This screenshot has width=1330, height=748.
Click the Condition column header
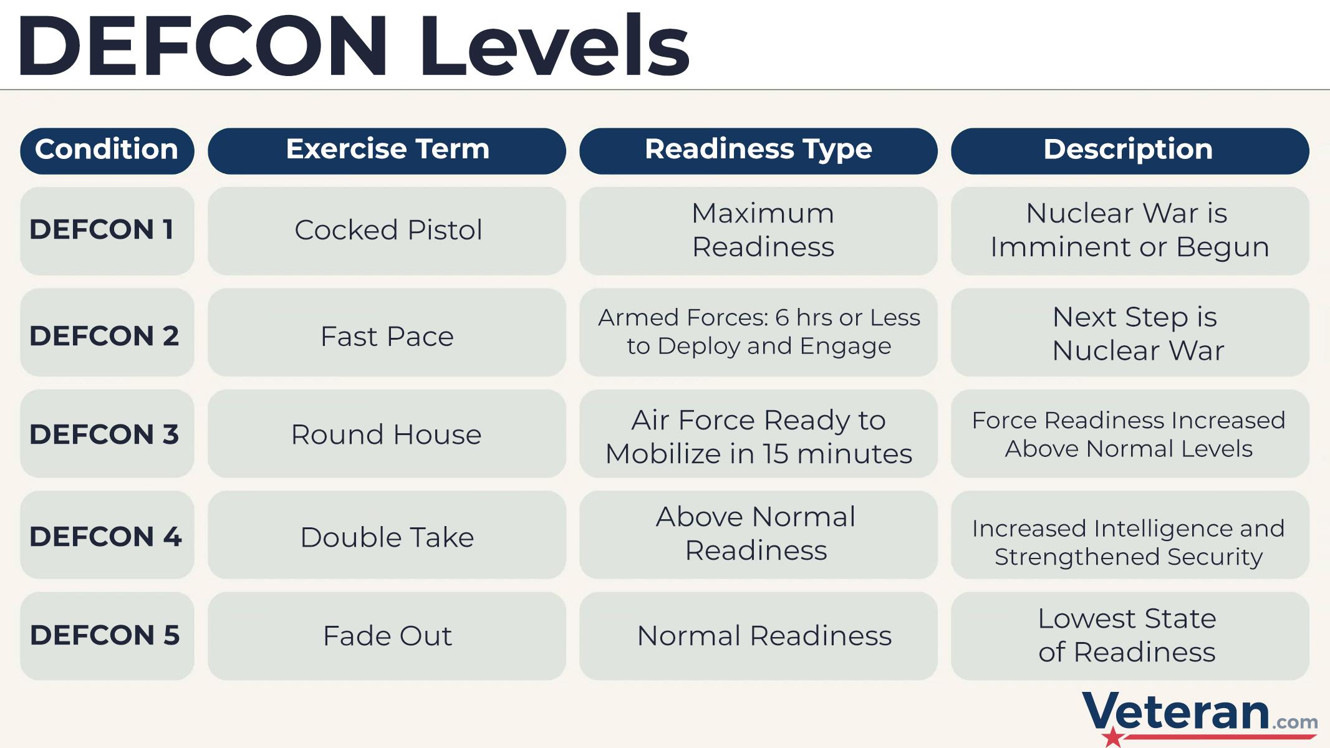(x=107, y=151)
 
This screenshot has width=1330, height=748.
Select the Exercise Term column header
(x=387, y=151)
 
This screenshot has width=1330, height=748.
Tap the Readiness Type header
(x=758, y=151)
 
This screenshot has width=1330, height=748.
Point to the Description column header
(x=1130, y=151)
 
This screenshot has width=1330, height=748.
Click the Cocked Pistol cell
(x=387, y=231)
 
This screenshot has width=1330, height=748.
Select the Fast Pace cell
(x=387, y=332)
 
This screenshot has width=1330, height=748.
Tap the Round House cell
(x=387, y=434)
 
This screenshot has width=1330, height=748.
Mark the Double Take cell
(x=387, y=535)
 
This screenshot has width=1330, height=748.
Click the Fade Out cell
(x=387, y=636)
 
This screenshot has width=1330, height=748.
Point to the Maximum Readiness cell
(x=758, y=231)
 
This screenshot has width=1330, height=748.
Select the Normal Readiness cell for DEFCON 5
(x=758, y=636)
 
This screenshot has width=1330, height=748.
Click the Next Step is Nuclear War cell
(x=1130, y=332)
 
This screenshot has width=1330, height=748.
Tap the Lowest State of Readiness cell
(x=1130, y=636)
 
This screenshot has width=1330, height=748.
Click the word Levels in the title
(x=554, y=45)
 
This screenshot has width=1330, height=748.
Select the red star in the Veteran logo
(x=1112, y=736)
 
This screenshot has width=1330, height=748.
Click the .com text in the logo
(x=1294, y=722)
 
